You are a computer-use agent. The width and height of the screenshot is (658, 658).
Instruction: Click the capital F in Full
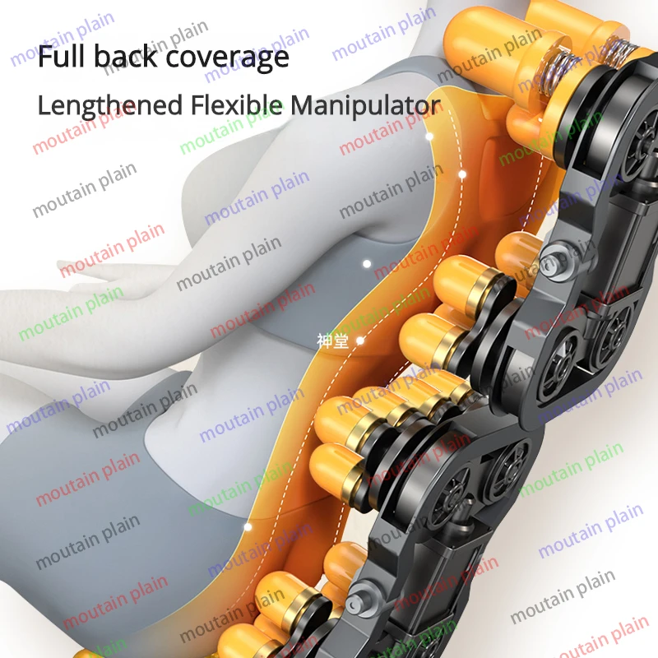pyautogui.click(x=45, y=57)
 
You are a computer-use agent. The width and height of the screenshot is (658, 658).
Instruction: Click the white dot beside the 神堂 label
pyautogui.click(x=359, y=339)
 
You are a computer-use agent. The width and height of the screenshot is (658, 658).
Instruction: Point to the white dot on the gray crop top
pyautogui.click(x=367, y=264)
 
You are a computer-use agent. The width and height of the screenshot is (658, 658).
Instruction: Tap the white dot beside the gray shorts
pyautogui.click(x=248, y=523)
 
